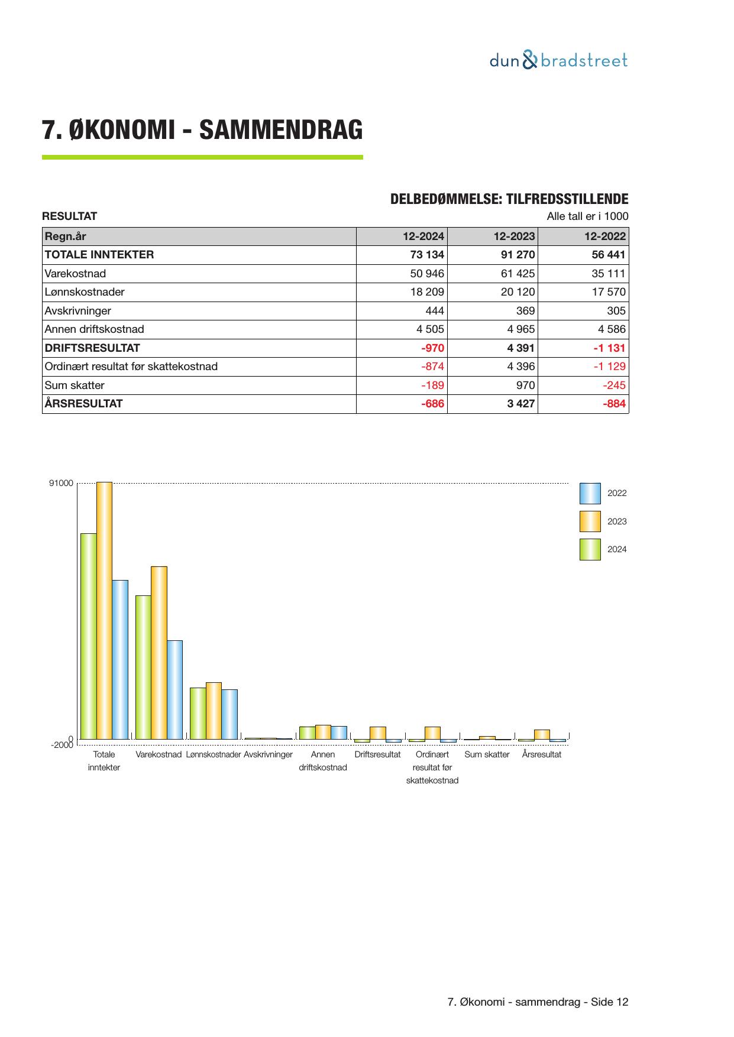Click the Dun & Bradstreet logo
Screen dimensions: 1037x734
click(x=558, y=60)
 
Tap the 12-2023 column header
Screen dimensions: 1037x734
click(x=514, y=236)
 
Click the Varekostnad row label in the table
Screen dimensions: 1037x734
click(x=75, y=274)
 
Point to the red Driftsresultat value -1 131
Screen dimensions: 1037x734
click(x=609, y=348)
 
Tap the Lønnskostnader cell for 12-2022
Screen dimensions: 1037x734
click(x=609, y=292)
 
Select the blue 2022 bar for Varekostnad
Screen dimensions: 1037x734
click(x=174, y=689)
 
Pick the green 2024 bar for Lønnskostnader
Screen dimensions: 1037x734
click(x=198, y=713)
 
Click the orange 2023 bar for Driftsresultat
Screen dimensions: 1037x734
click(x=377, y=733)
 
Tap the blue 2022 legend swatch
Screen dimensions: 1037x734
click(x=590, y=493)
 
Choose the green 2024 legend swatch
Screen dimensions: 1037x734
click(x=590, y=549)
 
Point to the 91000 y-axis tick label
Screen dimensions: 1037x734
click(x=61, y=484)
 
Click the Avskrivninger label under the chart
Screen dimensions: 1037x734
click(x=268, y=755)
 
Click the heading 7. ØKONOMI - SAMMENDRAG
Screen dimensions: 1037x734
click(x=202, y=130)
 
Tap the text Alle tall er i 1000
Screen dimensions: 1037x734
click(x=587, y=216)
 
